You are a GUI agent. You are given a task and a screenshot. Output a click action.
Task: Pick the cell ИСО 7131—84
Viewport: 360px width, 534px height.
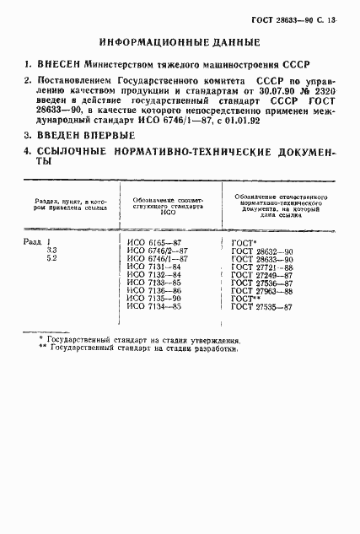[153, 267]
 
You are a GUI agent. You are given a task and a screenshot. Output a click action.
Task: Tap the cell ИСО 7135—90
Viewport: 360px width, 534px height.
[153, 299]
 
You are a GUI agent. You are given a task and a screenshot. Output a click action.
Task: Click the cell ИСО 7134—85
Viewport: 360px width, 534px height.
[153, 307]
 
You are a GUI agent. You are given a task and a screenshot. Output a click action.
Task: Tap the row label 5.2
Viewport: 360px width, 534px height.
[52, 259]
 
